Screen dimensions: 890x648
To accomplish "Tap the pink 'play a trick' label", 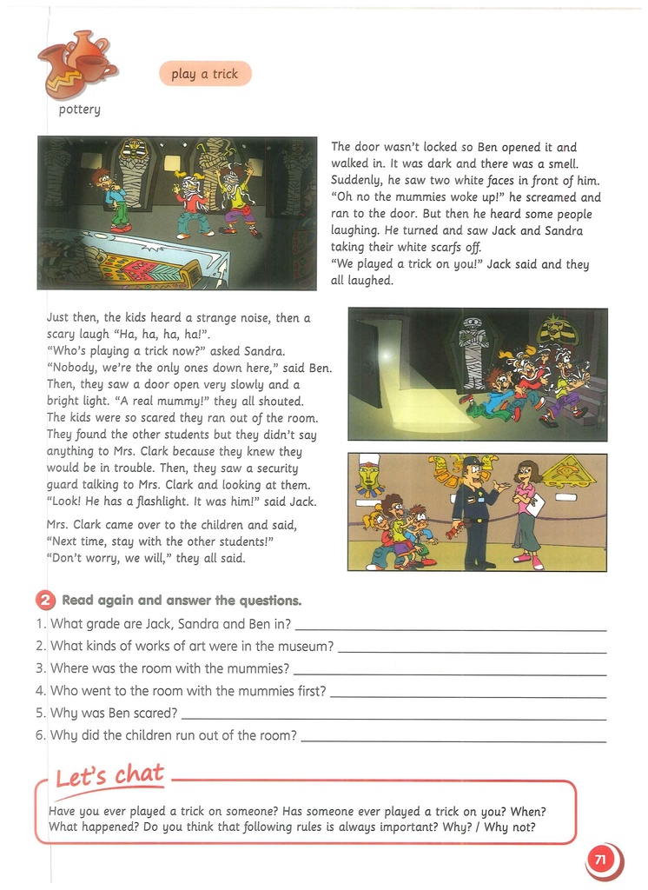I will click(205, 75).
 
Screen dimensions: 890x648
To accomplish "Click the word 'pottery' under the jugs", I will click(80, 110).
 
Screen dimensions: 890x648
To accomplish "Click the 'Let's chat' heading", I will click(109, 775).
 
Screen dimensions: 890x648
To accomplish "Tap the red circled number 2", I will click(45, 601).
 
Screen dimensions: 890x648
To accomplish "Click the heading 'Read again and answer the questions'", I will click(182, 601).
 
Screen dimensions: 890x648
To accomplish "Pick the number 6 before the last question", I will click(40, 735).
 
